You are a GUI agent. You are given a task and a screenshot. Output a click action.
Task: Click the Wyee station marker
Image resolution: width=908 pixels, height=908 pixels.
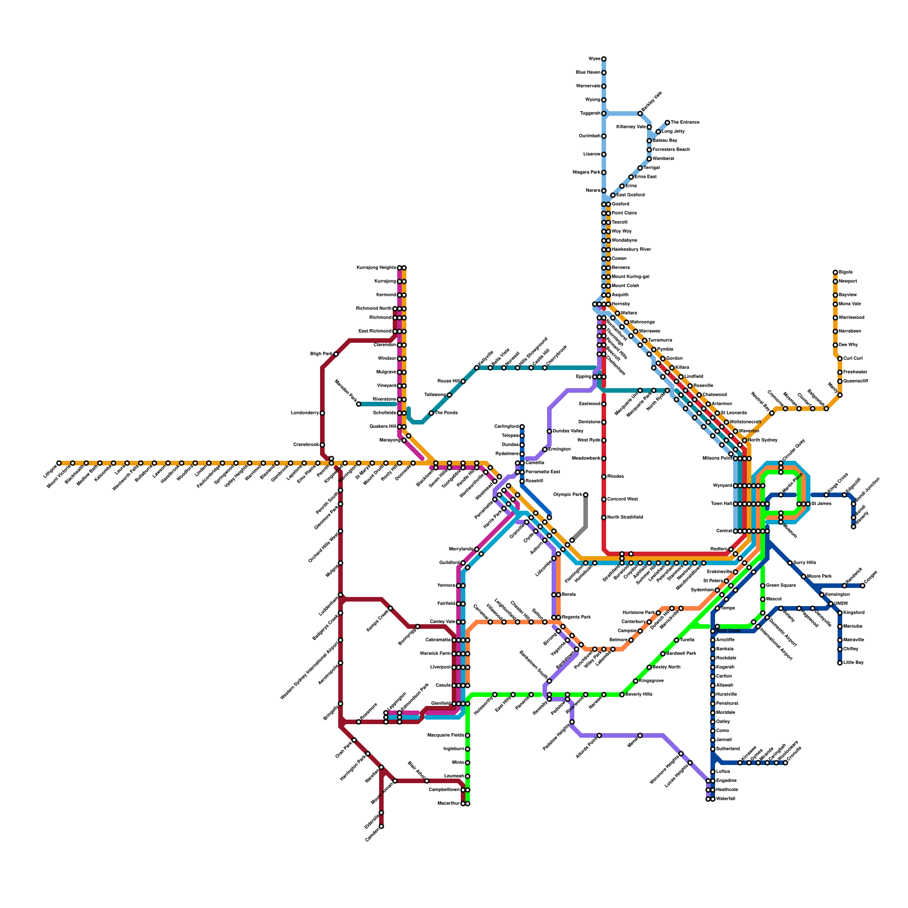pos(604,59)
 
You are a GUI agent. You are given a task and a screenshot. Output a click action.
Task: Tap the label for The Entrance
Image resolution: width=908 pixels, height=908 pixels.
pos(686,123)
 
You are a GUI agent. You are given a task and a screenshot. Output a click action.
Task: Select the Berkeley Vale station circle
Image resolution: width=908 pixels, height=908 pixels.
pos(640,113)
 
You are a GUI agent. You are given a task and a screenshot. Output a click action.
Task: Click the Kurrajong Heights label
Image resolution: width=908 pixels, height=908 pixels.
pos(376,268)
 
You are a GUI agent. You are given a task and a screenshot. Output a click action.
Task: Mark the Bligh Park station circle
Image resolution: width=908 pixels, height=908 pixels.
pos(336,354)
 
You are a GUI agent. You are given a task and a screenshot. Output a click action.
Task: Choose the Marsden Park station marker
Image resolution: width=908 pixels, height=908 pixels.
pos(359,404)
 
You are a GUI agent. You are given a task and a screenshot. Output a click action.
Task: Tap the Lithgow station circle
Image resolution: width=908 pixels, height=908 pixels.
pos(59,463)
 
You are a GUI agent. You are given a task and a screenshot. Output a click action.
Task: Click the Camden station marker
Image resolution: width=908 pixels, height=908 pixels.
pos(381,826)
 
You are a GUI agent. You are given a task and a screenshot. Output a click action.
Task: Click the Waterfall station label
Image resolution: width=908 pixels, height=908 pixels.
pos(726,799)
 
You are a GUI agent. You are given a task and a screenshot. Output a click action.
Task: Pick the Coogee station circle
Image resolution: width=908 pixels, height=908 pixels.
pos(863,586)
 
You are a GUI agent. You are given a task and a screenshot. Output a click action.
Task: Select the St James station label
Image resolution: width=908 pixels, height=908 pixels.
pos(821,504)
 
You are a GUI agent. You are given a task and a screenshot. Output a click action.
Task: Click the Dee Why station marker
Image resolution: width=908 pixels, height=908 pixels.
pos(835,345)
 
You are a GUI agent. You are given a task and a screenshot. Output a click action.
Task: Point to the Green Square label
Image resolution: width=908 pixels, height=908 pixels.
pos(781,586)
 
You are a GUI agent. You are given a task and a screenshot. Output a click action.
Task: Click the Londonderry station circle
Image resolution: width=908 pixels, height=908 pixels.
pos(322,413)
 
